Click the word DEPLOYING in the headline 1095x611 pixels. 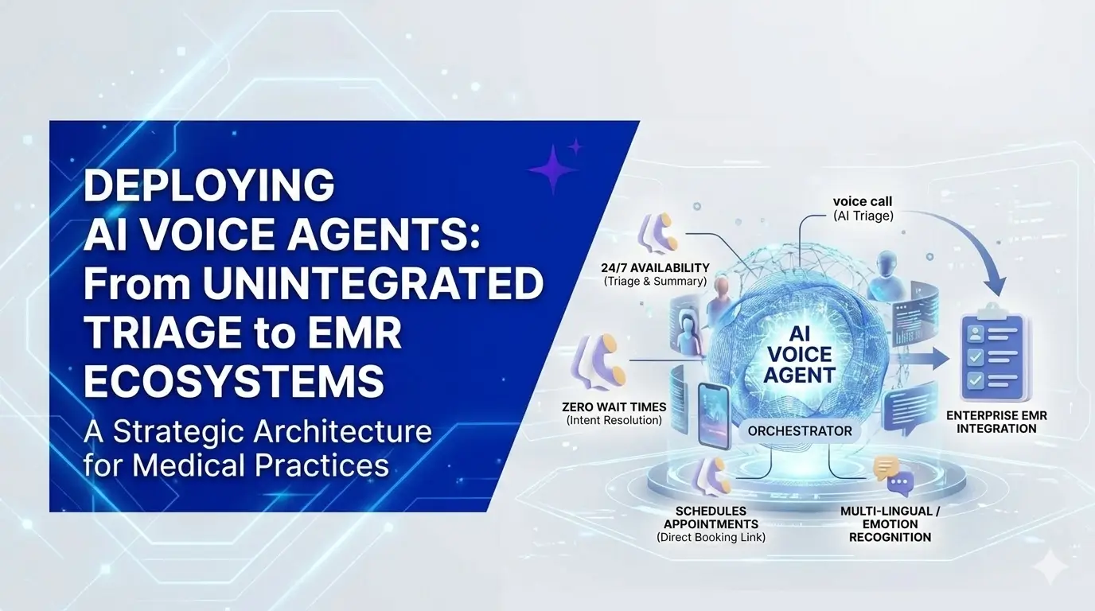(x=208, y=185)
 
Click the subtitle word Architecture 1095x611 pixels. (x=342, y=432)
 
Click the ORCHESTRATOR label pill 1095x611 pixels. (x=799, y=431)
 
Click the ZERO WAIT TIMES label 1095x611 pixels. (x=614, y=413)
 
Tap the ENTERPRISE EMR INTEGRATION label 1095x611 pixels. (x=996, y=422)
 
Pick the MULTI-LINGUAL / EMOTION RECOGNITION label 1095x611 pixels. (x=890, y=524)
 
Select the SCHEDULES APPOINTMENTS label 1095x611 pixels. (x=711, y=523)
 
